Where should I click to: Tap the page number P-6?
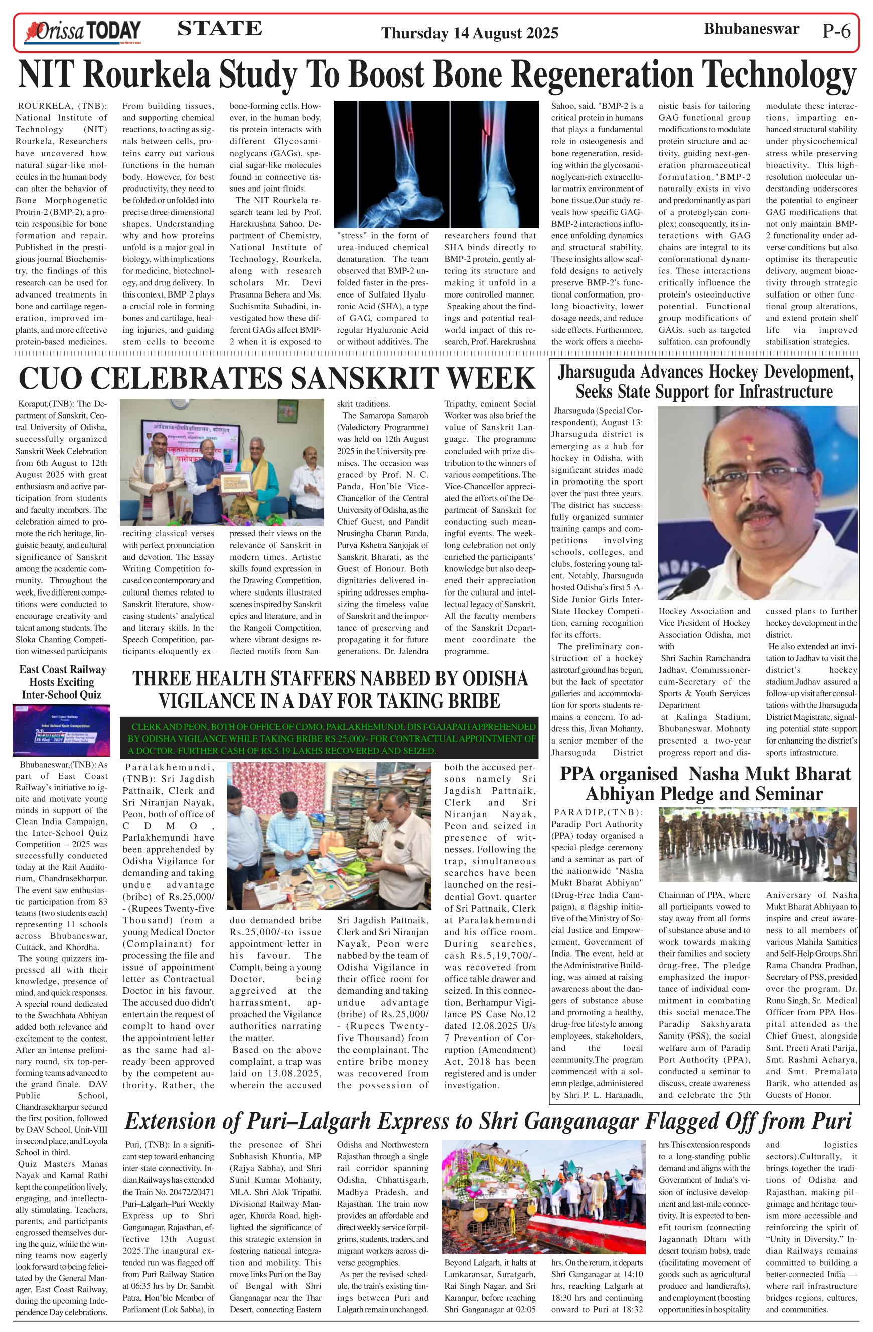point(836,31)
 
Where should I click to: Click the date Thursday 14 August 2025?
point(470,33)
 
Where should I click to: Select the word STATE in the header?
point(219,29)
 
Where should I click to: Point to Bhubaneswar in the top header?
point(751,29)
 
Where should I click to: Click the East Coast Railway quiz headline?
point(62,682)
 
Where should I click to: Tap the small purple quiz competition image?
point(62,731)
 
